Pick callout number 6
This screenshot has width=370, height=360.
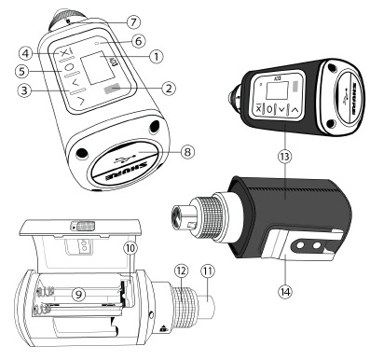(x=138, y=41)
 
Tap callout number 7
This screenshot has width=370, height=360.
(x=135, y=21)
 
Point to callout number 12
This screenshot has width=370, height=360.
(x=180, y=269)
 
